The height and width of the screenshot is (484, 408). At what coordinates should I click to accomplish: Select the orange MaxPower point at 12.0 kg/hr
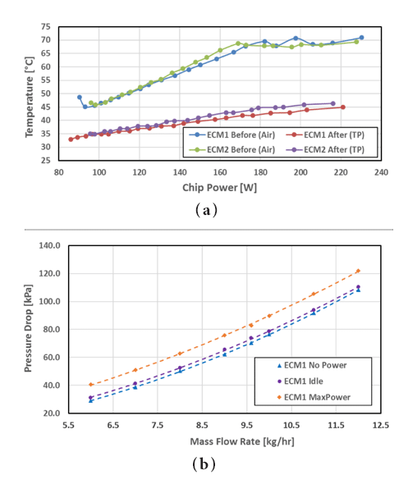(x=358, y=271)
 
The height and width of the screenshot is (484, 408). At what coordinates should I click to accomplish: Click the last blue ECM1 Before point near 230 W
(x=361, y=38)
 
